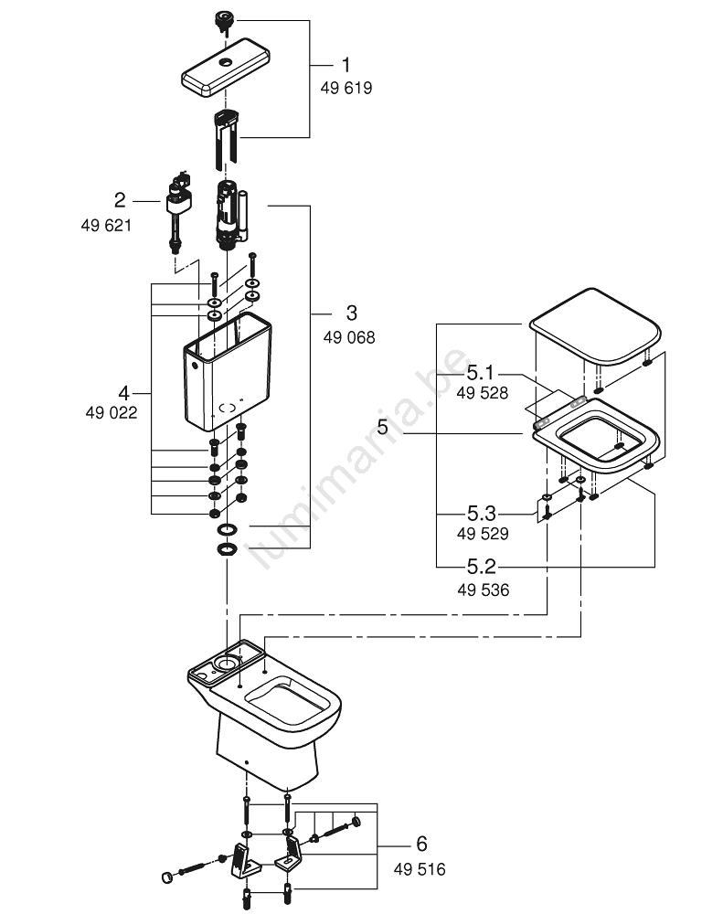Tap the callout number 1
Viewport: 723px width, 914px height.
coord(346,65)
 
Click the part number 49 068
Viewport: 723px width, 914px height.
coord(348,337)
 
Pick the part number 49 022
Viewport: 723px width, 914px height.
coord(112,412)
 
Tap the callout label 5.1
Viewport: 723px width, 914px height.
coord(481,373)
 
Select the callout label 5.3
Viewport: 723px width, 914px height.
coord(482,513)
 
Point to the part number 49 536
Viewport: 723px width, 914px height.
coord(484,590)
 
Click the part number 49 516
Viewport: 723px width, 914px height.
coord(420,869)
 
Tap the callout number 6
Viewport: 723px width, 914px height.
coord(420,844)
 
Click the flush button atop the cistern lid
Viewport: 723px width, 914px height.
coord(223,19)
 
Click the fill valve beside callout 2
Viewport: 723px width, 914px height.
coord(176,205)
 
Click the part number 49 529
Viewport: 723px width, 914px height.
coord(483,534)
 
